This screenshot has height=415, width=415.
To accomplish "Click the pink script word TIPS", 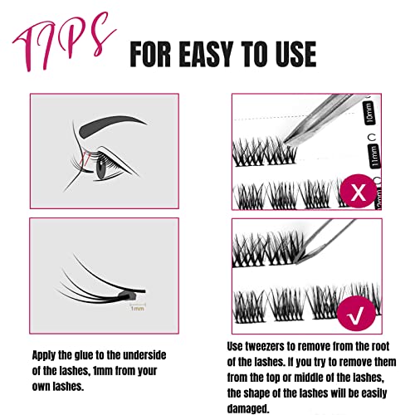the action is [x=65, y=41].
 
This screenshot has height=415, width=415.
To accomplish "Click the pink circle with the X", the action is [x=359, y=192].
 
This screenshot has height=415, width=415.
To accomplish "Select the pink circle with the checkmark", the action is [x=356, y=313].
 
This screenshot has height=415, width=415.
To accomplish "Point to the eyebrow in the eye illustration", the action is [x=110, y=126].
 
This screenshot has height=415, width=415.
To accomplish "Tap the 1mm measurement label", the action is [x=138, y=308].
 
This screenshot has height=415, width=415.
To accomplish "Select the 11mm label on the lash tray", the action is [x=374, y=156].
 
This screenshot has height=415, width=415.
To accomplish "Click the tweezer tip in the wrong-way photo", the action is [x=286, y=143].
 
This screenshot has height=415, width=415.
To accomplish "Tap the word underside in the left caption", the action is [x=144, y=355].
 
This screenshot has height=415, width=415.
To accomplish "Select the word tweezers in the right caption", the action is [x=260, y=346].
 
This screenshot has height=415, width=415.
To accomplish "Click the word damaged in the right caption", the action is [x=248, y=408].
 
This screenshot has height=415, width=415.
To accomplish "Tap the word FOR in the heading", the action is [x=150, y=54].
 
